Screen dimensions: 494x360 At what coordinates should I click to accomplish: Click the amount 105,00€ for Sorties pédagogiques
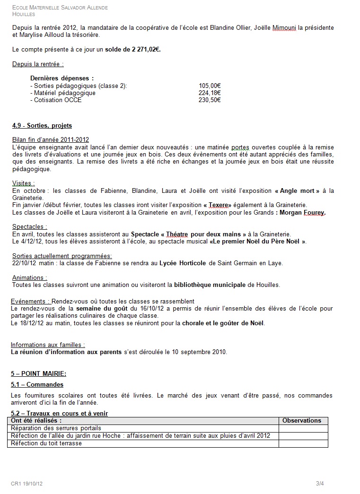pos(210,86)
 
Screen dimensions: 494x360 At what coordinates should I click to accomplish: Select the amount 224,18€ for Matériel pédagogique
pos(210,93)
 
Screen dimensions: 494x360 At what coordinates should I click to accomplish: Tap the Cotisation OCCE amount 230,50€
pos(210,100)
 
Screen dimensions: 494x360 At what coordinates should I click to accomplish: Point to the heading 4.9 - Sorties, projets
pos(42,126)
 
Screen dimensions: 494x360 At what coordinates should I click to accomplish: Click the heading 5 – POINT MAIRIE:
pos(39,373)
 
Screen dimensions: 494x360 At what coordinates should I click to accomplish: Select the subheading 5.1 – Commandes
pos(37,385)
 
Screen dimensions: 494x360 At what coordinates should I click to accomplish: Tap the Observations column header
pos(301,421)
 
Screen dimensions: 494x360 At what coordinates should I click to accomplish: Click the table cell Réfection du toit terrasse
pos(46,443)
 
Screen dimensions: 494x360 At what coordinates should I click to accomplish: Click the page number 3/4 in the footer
pos(320,483)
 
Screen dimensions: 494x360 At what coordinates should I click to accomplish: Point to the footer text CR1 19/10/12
pos(27,483)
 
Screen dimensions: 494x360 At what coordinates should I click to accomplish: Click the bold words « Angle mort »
pos(297,191)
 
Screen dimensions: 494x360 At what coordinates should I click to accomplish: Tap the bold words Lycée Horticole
pos(183,263)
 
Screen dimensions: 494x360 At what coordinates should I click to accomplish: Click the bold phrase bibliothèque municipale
pos(210,285)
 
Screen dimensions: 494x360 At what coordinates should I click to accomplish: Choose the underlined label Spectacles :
pos(29,227)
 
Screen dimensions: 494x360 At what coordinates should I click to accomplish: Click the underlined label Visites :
pos(24,183)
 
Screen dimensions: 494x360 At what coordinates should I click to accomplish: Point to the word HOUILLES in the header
pos(23,14)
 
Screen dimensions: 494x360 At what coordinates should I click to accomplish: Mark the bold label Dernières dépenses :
pos(62,78)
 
